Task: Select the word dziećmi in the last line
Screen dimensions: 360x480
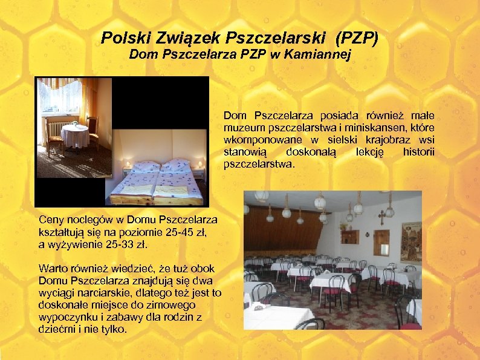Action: pos(56,329)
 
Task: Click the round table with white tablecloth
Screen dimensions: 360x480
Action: pos(76,134)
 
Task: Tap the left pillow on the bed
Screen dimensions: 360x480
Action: pos(146,166)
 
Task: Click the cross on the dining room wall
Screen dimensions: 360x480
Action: pos(381,217)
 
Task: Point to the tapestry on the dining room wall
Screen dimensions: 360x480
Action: pos(412,240)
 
